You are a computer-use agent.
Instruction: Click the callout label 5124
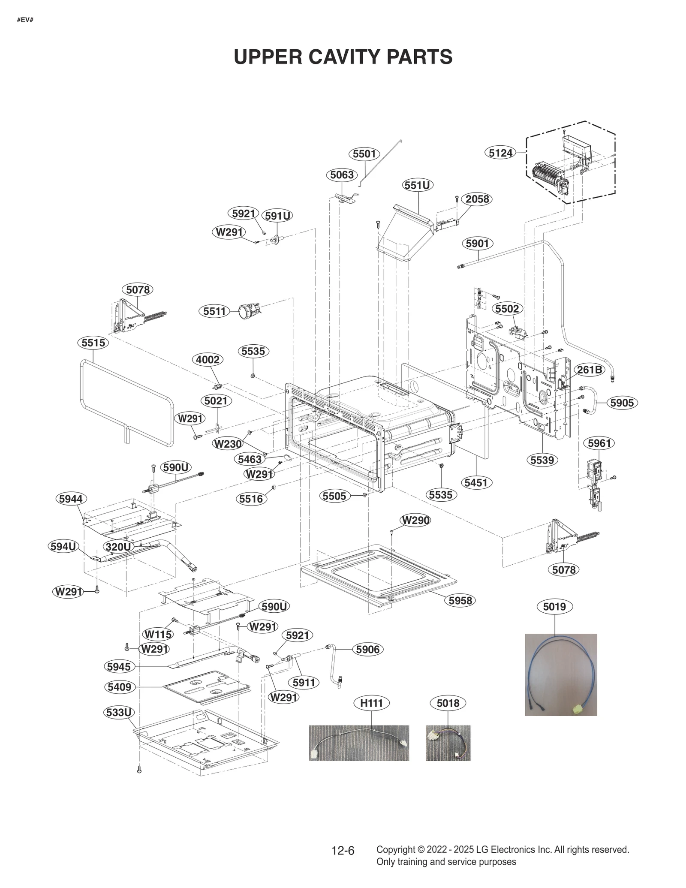pos(501,153)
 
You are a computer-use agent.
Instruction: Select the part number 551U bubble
pos(418,185)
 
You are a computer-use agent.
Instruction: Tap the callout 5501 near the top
pos(364,154)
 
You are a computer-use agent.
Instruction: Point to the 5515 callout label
pos(93,343)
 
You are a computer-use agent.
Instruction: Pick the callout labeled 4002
pos(208,359)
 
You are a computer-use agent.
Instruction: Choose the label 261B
pos(589,370)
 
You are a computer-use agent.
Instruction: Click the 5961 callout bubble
pos(599,443)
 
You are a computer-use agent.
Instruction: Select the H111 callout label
pos(371,703)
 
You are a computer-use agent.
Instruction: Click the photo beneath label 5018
pos(448,743)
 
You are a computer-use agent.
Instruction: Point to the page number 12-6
pos(343,851)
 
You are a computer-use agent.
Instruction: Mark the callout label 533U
pos(119,712)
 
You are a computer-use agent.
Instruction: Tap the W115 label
pos(158,634)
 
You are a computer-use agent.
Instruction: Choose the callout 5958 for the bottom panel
pos(460,600)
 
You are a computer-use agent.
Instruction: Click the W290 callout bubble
pos(415,520)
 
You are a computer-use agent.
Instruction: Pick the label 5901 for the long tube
pos(477,244)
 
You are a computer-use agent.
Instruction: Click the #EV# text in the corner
pos(25,20)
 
